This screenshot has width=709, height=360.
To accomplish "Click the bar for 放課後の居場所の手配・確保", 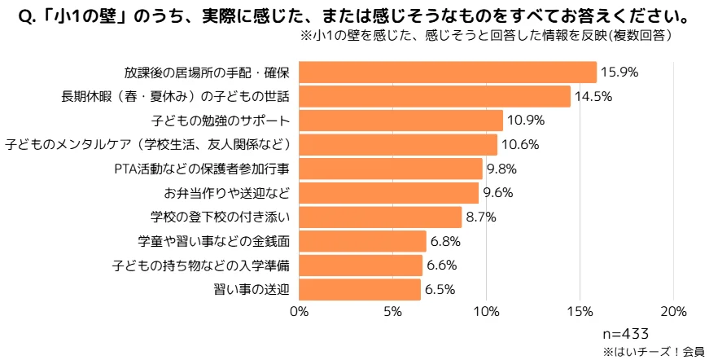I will point(448,72).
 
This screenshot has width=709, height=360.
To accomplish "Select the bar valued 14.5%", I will point(435,97).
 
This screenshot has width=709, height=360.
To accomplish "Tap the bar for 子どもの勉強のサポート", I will point(401,121).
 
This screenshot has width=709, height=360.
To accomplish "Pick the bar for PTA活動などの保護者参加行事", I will point(391,169).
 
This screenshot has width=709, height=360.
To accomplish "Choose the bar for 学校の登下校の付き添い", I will point(381,217).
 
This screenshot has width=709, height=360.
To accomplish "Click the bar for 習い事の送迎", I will point(360,289).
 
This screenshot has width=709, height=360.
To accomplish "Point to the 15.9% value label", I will point(619,72).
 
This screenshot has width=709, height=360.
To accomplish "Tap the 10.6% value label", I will point(519,145).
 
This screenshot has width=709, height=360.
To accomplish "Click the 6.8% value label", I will point(447,241).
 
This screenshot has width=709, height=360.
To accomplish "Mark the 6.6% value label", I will point(443,266).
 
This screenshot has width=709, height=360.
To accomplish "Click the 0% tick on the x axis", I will point(300,312).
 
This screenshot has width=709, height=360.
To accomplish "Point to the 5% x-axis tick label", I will point(393,312).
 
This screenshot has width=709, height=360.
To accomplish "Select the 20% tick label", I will point(673,312).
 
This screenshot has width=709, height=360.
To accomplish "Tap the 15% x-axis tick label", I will point(580,312).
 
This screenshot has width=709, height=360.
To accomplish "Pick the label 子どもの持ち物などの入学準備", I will point(201,266).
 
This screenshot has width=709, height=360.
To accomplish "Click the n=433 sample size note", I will point(625,334).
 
